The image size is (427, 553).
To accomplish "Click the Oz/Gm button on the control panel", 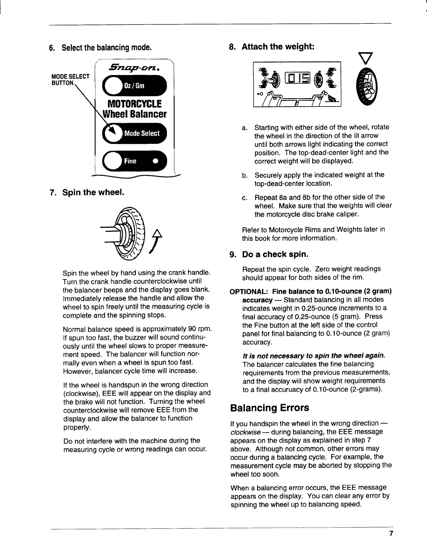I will pos(135,86).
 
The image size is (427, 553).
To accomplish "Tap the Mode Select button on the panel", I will pos(135,133).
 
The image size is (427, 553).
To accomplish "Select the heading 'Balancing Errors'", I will pos(270,408).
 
